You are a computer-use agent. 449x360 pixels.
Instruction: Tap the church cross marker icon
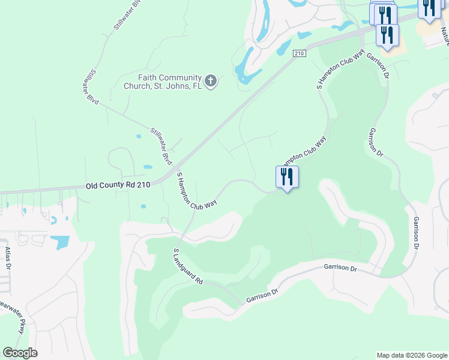tap(210, 81)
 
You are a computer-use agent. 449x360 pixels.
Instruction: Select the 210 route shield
tap(300, 54)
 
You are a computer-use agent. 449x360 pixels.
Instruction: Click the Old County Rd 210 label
tap(117, 186)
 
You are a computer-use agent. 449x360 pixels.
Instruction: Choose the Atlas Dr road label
tap(8, 257)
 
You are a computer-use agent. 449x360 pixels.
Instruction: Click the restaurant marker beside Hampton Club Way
tap(287, 178)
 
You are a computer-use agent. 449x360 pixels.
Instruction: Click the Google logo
tap(20, 353)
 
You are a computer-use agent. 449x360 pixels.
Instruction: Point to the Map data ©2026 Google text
tap(411, 355)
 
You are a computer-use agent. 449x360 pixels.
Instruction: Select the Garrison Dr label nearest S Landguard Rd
tap(263, 297)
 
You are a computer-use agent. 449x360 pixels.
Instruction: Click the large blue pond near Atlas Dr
tap(60, 242)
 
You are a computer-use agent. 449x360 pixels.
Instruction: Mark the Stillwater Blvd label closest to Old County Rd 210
tap(161, 146)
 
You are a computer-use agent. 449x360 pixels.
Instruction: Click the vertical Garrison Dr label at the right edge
tap(415, 233)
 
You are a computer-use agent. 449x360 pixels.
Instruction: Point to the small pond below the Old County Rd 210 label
tap(143, 207)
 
